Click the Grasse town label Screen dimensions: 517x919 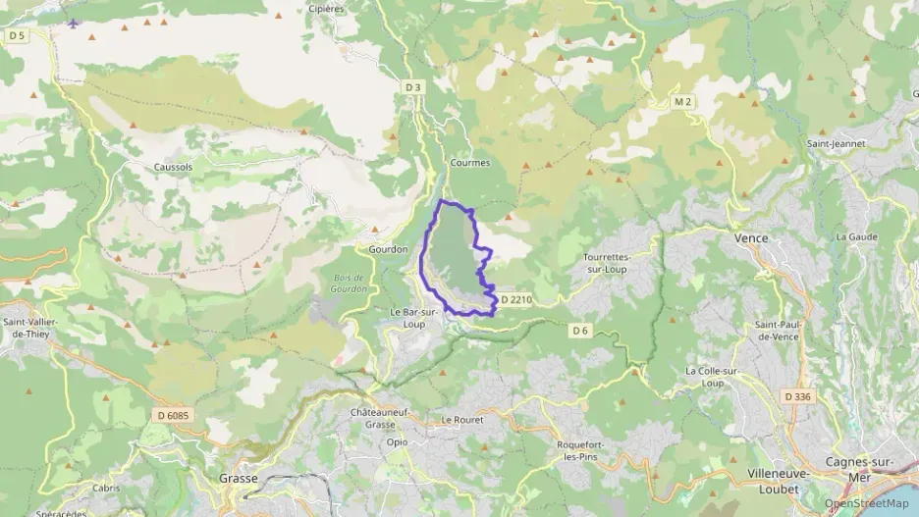tap(238, 479)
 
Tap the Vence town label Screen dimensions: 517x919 tap(750, 237)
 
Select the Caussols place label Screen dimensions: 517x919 tap(173, 167)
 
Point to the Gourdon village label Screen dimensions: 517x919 tap(388, 249)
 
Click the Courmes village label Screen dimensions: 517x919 tap(469, 163)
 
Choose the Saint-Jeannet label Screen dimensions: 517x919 tap(836, 143)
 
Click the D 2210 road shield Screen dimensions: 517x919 tap(515, 299)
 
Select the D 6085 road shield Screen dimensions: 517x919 tap(172, 415)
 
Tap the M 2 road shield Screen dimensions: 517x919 tap(683, 102)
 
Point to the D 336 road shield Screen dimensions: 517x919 tap(798, 395)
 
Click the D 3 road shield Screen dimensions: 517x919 tap(412, 87)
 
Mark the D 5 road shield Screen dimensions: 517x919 tap(16, 35)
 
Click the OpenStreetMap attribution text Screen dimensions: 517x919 tap(867, 503)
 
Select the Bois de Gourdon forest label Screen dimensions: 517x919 tap(349, 284)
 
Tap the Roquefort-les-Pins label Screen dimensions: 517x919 tap(585, 450)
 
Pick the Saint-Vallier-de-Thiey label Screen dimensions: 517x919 tap(29, 328)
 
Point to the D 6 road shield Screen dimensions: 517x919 tap(580, 331)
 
